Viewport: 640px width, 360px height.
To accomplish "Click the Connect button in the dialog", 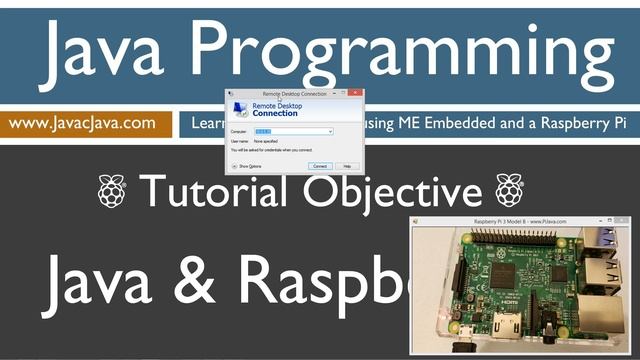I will (320, 166).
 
